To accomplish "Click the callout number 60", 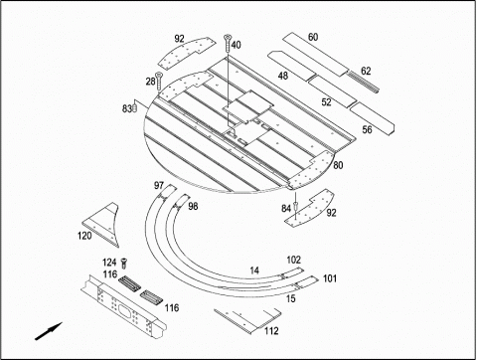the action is click(x=313, y=37).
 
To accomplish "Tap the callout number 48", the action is click(x=282, y=76).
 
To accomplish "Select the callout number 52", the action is click(x=326, y=102).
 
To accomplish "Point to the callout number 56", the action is click(x=367, y=129).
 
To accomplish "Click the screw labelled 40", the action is click(x=228, y=43).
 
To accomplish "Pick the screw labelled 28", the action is click(x=159, y=81).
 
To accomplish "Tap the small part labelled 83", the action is click(x=135, y=108).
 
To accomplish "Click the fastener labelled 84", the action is click(x=295, y=207).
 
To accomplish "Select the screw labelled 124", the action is click(x=124, y=264).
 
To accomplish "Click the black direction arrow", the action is click(x=49, y=331).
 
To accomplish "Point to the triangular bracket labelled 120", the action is click(x=102, y=224).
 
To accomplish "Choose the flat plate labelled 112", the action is click(x=246, y=320).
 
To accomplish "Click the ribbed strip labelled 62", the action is click(x=363, y=83).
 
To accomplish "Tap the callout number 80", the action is click(x=338, y=165).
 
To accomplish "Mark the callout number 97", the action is click(x=159, y=185).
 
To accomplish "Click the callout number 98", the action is click(x=193, y=206).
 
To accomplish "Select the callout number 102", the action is click(x=293, y=260).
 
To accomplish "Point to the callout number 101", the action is click(x=330, y=278).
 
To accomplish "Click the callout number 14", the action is click(x=254, y=270).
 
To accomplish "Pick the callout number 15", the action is click(x=290, y=298).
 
